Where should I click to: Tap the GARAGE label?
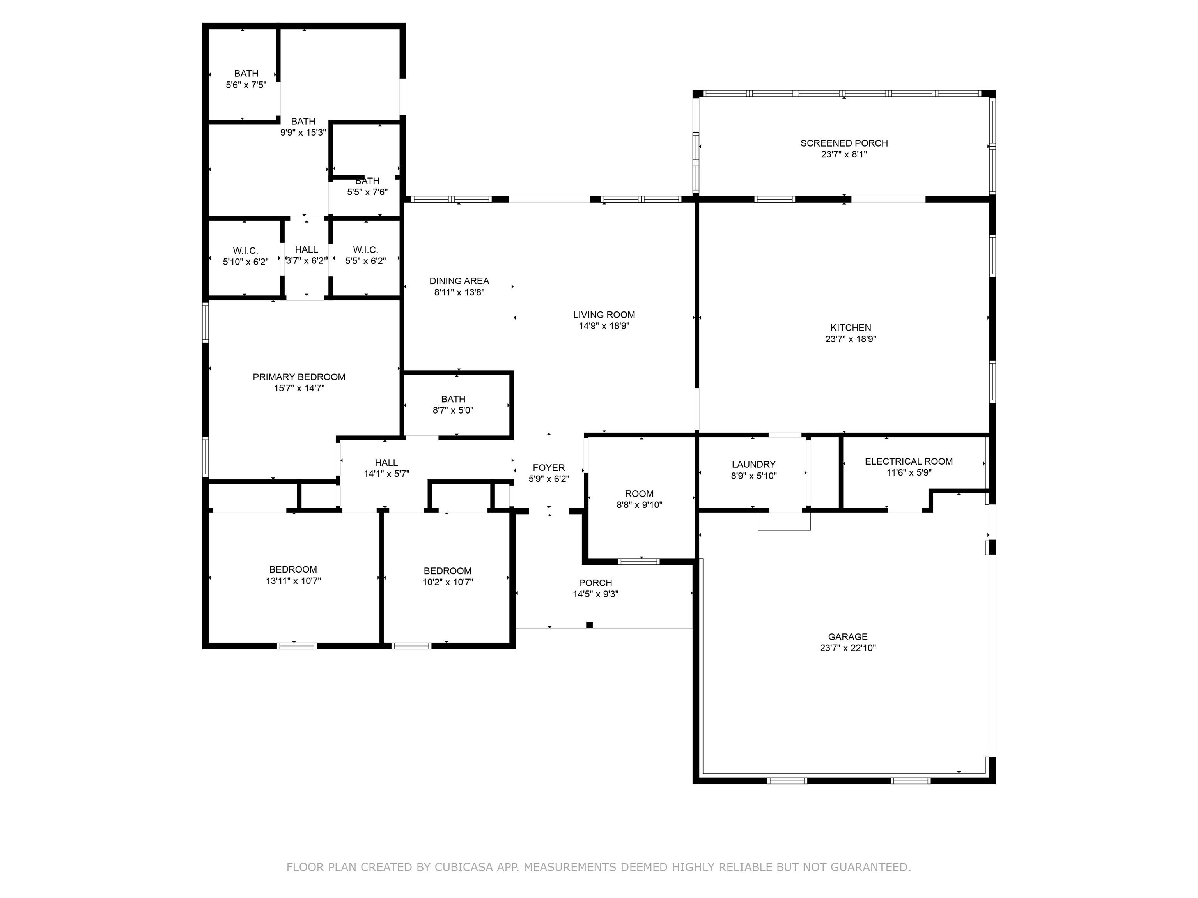pos(847,636)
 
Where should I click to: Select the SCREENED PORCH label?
pos(844,143)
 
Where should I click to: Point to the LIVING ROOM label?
pos(604,315)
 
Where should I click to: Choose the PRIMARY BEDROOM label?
pos(299,377)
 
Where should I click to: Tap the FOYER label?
pos(549,468)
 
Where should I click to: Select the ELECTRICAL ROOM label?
pos(909,461)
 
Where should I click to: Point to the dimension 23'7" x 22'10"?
pos(847,648)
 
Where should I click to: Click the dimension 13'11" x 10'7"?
pos(293,581)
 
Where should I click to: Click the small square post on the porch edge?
pos(589,625)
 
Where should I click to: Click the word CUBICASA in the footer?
pos(464,867)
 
